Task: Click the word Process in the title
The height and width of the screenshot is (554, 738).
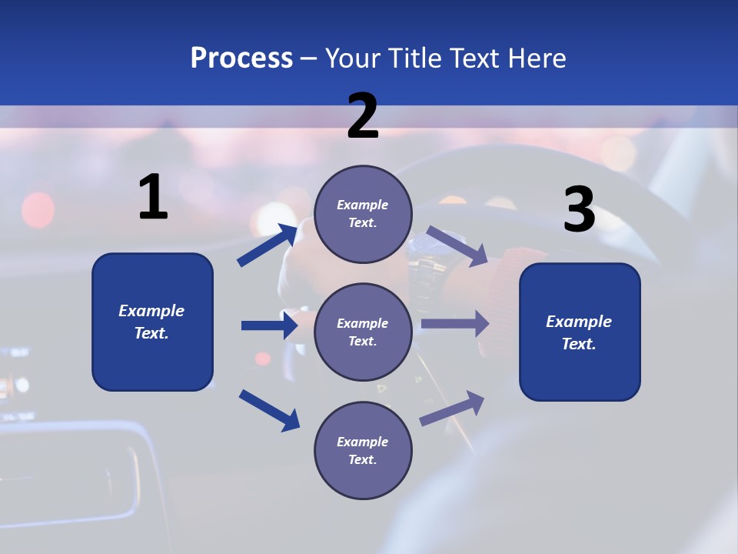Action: click(x=241, y=58)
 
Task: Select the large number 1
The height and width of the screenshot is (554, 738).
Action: click(x=153, y=198)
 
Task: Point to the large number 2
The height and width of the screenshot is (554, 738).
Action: click(x=363, y=116)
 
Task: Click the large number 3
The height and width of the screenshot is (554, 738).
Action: click(x=579, y=211)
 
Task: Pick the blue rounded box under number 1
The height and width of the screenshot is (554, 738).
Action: click(x=152, y=322)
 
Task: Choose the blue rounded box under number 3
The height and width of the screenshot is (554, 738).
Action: click(x=580, y=332)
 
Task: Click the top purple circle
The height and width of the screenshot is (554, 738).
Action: click(x=363, y=214)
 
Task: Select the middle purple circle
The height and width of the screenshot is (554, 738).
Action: click(x=363, y=332)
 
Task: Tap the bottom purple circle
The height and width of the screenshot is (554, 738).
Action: click(x=363, y=450)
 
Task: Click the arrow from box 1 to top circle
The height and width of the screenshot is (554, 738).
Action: click(x=268, y=245)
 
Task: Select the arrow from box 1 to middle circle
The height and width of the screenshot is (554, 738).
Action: click(x=269, y=325)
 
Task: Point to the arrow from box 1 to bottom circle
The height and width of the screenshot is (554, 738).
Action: click(x=269, y=409)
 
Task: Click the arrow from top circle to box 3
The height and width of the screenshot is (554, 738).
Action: click(x=457, y=245)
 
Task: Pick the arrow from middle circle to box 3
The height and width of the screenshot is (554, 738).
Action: click(x=454, y=324)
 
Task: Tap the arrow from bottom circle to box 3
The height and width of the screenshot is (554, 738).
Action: click(x=452, y=409)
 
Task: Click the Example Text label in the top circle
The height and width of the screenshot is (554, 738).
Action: click(x=363, y=214)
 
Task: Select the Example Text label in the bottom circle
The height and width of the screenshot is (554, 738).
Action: click(x=363, y=450)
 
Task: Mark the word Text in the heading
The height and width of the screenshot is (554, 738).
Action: click(x=472, y=58)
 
